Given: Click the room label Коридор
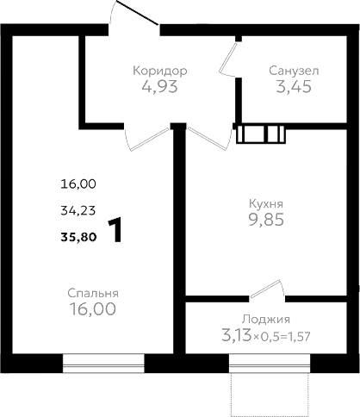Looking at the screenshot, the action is [160, 71].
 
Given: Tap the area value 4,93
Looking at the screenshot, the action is [160, 86].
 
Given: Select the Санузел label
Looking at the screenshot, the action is [294, 71].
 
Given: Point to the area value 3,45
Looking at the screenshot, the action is [294, 86].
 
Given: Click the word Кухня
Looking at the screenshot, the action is [266, 203].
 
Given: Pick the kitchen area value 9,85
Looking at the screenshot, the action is [266, 220].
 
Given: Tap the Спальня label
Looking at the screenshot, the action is [93, 293].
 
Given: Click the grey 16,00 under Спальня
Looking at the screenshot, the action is [93, 308].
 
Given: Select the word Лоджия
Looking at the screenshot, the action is [266, 320].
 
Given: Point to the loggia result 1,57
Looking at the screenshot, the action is [301, 337].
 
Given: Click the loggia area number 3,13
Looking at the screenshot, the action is [236, 336].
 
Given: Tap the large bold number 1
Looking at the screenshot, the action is [115, 230].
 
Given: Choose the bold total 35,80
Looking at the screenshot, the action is [78, 237].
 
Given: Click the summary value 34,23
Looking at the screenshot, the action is [78, 211].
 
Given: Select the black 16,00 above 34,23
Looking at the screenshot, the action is [78, 184].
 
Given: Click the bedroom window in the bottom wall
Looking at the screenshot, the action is [103, 364].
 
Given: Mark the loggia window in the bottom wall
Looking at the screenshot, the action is [270, 364].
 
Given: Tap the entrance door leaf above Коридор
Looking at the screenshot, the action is [137, 12].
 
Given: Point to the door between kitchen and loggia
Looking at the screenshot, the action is [268, 289].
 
